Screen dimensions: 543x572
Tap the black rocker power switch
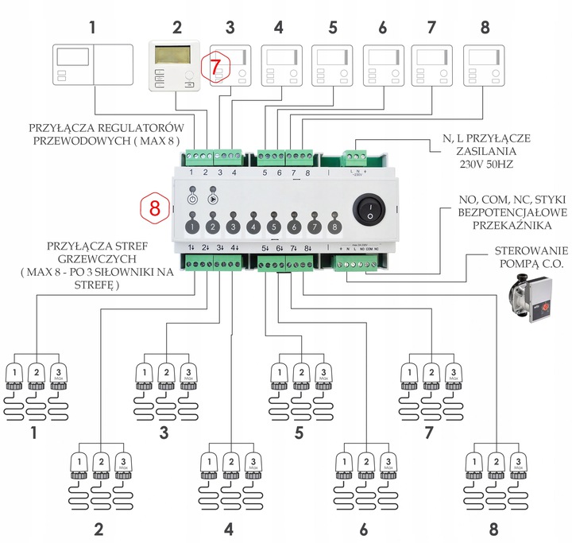click(x=366, y=211)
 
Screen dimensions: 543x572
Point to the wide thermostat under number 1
click(x=92, y=65)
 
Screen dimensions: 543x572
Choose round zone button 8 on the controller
click(x=334, y=227)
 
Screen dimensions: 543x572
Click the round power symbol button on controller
click(x=192, y=199)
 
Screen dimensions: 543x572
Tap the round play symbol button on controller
click(x=213, y=199)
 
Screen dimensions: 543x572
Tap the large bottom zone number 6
click(x=365, y=528)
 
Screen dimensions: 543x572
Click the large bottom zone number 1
click(x=34, y=433)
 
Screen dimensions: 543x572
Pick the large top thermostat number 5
click(x=332, y=29)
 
